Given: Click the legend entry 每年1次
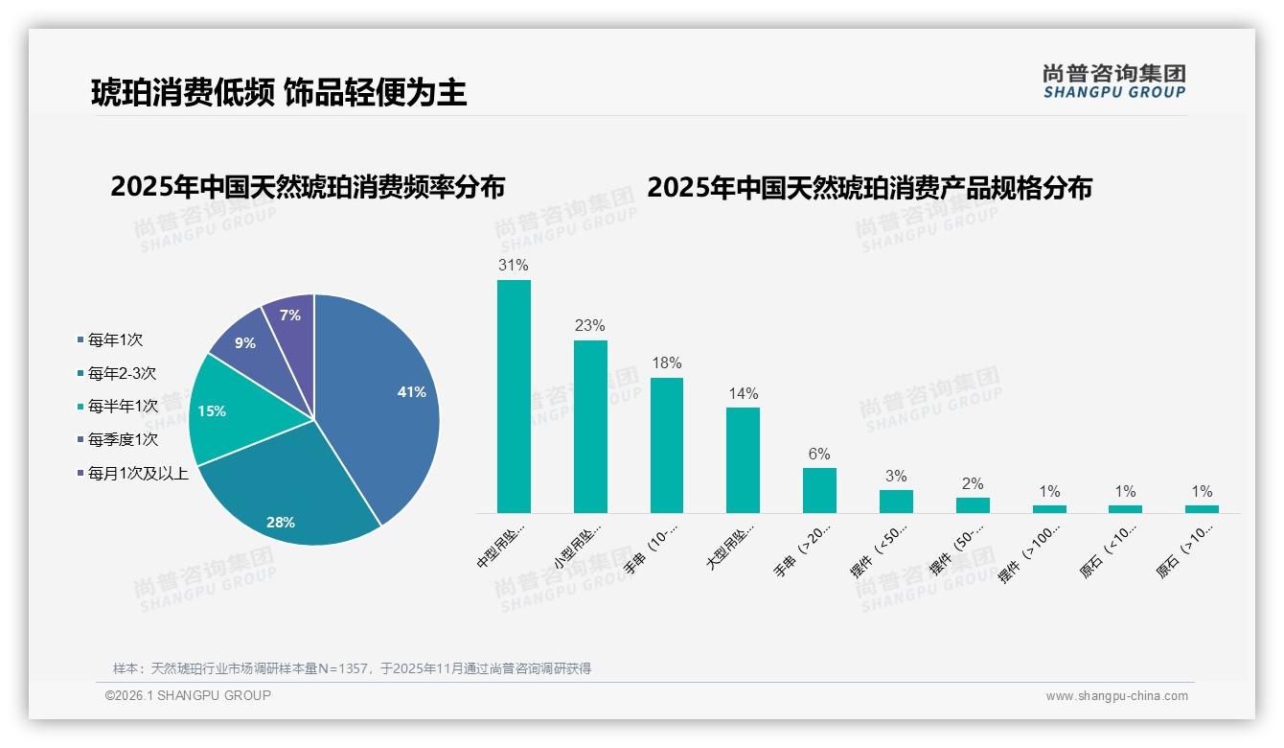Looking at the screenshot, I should click(x=115, y=339).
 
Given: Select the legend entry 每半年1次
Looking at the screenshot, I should click(x=122, y=406).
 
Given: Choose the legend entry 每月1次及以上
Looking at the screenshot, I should click(x=138, y=473).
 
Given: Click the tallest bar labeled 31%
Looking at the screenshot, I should click(x=514, y=396).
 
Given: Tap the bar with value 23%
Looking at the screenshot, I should click(x=590, y=427).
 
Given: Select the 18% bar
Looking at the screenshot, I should click(x=667, y=445).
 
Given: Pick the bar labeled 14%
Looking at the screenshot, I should click(x=743, y=460).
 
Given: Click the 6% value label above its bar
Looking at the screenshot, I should click(x=819, y=455).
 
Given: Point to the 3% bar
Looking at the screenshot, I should click(x=896, y=502).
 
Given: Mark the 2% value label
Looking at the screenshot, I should click(x=972, y=484).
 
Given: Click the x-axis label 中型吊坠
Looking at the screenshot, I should click(x=501, y=547).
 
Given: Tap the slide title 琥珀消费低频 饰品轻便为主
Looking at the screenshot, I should click(x=279, y=92).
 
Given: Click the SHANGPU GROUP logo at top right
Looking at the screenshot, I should click(x=1113, y=82).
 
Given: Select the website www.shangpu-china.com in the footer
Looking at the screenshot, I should click(x=1116, y=696).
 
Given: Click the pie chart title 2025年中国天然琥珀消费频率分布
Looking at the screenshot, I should click(x=308, y=186).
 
